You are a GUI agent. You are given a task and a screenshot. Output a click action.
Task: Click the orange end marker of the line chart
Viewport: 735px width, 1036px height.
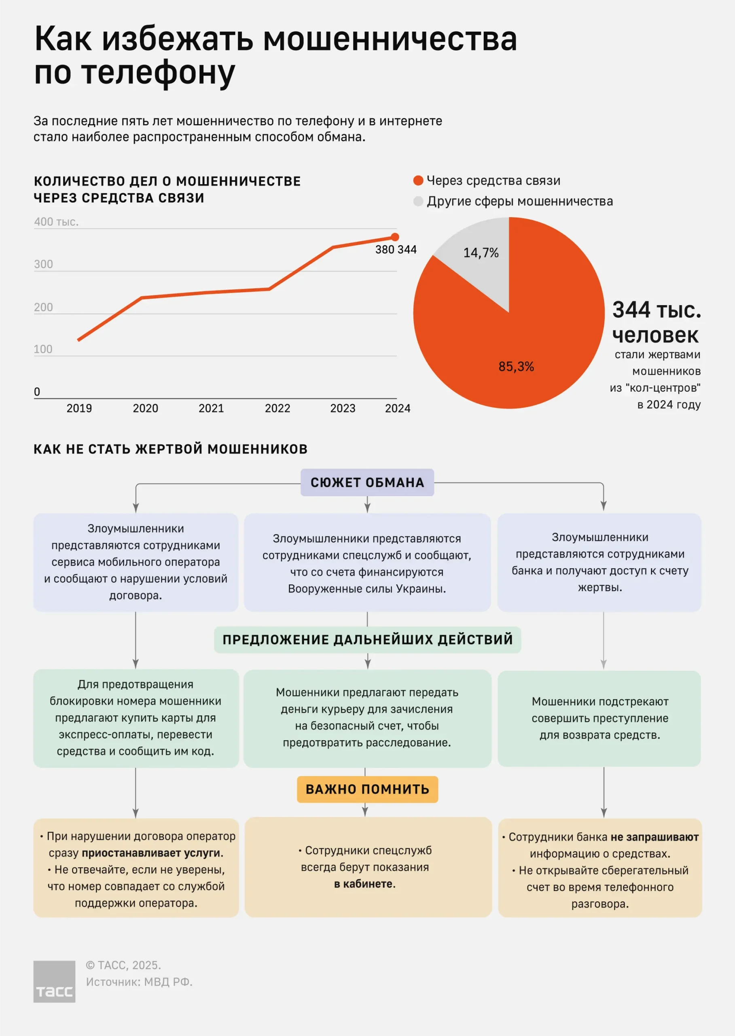[395, 237]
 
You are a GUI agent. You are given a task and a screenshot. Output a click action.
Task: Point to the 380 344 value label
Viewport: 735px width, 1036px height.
[396, 250]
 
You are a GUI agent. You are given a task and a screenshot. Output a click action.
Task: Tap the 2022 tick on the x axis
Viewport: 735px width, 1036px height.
[277, 408]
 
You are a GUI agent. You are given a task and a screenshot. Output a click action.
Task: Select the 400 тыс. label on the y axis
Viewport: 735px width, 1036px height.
[56, 222]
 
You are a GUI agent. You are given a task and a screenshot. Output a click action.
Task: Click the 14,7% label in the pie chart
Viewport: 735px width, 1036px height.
[481, 253]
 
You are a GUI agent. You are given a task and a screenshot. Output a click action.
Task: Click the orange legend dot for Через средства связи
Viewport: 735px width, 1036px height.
[418, 180]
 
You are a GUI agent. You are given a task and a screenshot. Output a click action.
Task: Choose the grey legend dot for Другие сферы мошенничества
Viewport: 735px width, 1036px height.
[418, 201]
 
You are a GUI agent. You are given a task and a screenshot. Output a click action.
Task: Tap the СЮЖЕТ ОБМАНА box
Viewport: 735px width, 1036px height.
[367, 482]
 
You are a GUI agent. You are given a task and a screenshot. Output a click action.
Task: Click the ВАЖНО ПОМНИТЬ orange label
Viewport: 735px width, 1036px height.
[367, 789]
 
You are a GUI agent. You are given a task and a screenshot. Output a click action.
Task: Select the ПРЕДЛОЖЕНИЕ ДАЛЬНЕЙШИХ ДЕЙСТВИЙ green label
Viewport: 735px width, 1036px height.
[367, 639]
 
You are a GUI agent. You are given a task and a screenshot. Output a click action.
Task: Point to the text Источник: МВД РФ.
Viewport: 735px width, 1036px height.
[139, 982]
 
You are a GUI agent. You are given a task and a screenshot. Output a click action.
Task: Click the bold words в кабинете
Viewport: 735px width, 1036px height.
[364, 884]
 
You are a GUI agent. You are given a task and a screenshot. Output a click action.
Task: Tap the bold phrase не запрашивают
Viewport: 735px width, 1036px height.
[654, 837]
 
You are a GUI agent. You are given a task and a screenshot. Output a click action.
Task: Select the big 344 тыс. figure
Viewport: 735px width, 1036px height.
[656, 310]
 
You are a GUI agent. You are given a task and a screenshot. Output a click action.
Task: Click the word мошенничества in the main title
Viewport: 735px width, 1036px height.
[390, 39]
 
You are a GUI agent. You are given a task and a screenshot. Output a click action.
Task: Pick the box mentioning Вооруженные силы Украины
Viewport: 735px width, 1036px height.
[367, 563]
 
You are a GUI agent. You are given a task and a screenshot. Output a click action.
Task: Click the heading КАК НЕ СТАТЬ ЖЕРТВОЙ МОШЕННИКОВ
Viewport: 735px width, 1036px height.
[171, 449]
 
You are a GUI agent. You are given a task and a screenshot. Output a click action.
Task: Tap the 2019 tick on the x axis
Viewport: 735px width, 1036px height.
[79, 408]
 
